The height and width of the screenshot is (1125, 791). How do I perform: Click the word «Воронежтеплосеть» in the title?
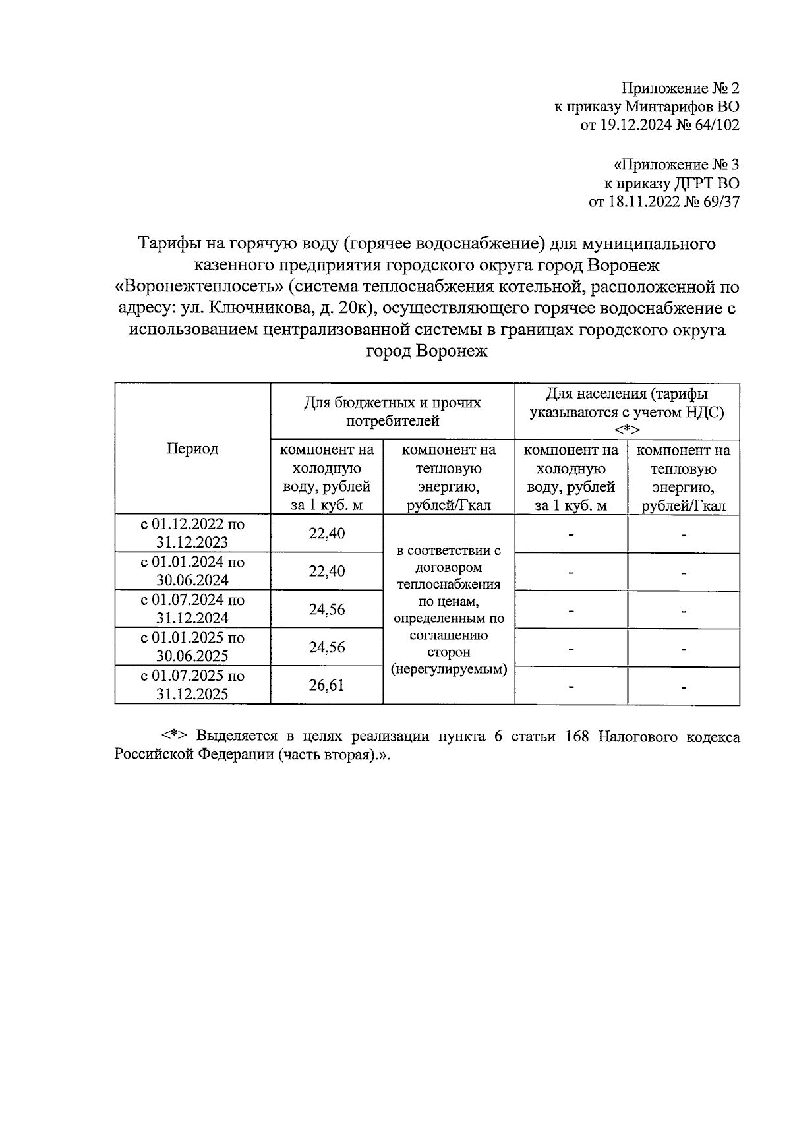tap(198, 287)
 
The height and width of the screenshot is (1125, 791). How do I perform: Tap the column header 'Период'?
tap(192, 449)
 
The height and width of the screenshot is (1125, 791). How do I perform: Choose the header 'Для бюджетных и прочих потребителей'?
tap(392, 411)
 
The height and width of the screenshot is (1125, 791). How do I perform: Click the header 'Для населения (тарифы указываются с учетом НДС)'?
tap(627, 411)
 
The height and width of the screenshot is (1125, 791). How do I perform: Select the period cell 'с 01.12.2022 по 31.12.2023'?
tap(192, 533)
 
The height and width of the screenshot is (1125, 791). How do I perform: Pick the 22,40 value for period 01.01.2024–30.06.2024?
tap(327, 571)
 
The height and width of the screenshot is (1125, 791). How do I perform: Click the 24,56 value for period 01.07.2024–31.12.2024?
tap(327, 609)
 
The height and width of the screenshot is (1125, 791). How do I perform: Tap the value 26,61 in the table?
tap(327, 685)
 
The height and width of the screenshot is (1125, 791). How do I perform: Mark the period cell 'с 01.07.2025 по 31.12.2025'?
tap(192, 685)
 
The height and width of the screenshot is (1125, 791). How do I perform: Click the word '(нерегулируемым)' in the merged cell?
tap(449, 669)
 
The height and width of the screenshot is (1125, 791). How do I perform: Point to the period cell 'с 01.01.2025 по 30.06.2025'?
tap(192, 647)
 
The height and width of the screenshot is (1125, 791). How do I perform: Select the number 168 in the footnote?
tap(578, 737)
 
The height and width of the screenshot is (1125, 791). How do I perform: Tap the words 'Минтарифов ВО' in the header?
tap(682, 107)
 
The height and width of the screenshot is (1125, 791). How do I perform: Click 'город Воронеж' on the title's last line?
tap(426, 351)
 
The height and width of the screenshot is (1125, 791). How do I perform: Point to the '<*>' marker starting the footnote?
tap(175, 737)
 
